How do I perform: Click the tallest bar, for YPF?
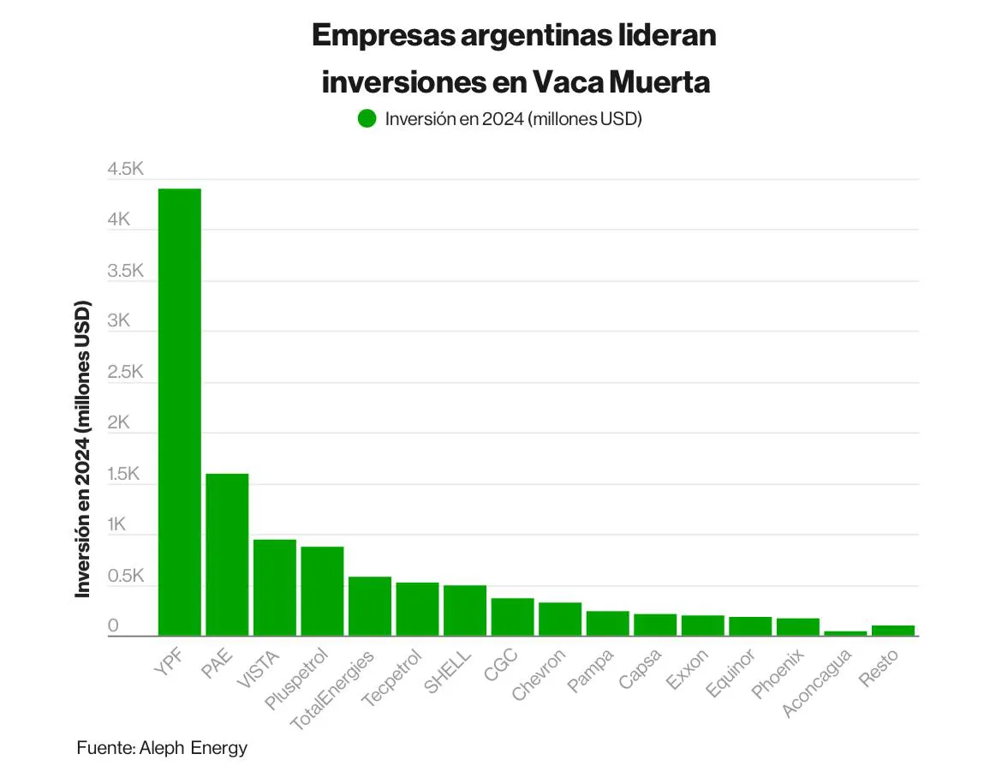(179, 411)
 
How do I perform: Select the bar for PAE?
(227, 554)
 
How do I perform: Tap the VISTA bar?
(274, 588)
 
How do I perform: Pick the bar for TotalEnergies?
(369, 607)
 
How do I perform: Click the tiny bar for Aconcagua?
(845, 633)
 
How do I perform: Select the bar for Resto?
(892, 631)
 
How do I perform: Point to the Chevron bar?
(560, 619)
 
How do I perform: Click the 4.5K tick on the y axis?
(125, 170)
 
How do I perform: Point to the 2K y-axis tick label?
(118, 423)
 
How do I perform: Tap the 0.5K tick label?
(125, 576)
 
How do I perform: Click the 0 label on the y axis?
(112, 627)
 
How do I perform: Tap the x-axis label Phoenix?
(778, 674)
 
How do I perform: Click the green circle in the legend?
(367, 119)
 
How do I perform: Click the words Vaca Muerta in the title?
(621, 82)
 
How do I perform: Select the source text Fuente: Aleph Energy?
(162, 747)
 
